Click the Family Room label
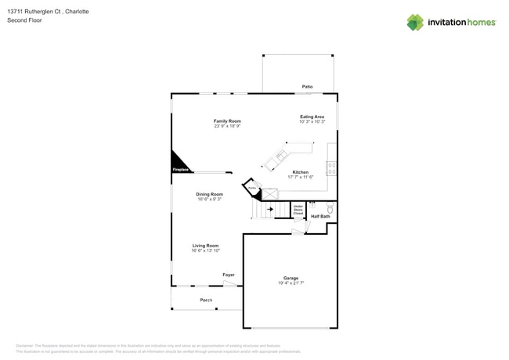point(227,121)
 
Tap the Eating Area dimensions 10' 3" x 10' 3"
point(312,122)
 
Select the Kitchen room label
point(300,172)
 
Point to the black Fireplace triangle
point(179,163)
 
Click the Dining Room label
point(209,194)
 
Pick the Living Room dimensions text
point(206,251)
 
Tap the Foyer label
point(229,275)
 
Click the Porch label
point(206,300)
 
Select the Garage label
point(291,278)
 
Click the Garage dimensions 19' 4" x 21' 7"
point(291,283)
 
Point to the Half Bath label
point(320,217)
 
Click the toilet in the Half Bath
point(330,209)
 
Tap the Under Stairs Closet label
point(298,210)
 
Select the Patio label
point(307,87)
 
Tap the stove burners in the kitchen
point(331,168)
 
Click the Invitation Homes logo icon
point(415,22)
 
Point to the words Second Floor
point(24,20)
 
